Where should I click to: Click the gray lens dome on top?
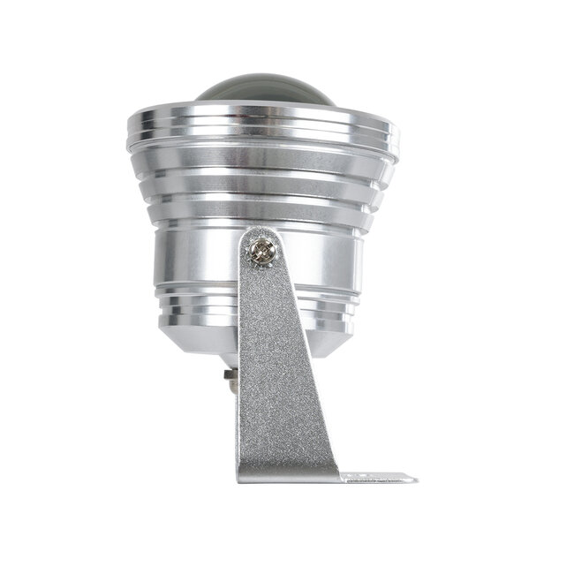click(x=262, y=91)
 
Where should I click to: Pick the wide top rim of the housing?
click(x=262, y=125)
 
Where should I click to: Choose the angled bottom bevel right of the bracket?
click(x=331, y=340)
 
